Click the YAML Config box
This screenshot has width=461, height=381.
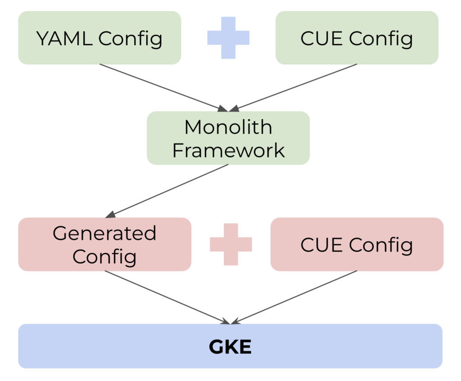99,38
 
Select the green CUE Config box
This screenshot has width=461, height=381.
357,38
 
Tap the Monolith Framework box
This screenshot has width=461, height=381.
228,138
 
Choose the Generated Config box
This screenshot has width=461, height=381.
104,244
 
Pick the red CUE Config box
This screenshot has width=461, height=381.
357,244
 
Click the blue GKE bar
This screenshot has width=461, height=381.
230,346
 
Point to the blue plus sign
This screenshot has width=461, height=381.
228,38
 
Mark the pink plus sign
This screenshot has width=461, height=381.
231,244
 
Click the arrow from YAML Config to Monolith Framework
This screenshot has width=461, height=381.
162,87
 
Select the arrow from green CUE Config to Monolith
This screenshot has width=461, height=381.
295,87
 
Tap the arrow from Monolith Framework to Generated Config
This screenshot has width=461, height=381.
169,189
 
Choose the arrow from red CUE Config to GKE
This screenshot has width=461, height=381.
295,297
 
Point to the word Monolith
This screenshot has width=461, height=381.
228,127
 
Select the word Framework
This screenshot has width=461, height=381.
228,150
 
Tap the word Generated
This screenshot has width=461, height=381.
104,234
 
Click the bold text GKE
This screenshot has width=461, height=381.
230,347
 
